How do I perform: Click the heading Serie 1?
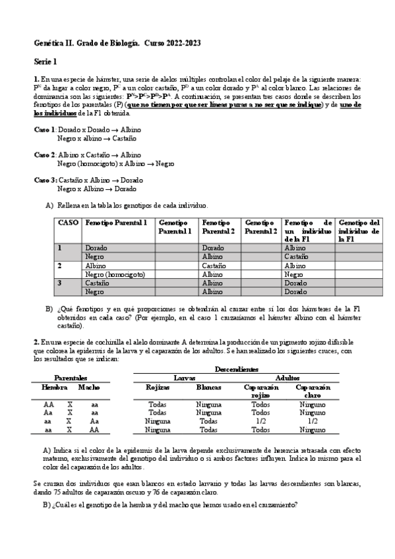46,61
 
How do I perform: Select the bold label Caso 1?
44,130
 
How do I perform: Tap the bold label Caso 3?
44,180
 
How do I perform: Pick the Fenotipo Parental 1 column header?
117,223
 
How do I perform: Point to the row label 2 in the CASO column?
60,266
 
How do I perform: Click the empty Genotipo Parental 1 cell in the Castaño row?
177,283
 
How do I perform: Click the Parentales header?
70,378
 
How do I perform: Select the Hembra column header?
49,388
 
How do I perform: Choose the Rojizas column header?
158,388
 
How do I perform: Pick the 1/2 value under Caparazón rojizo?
261,421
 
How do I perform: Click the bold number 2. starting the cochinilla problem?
37,341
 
